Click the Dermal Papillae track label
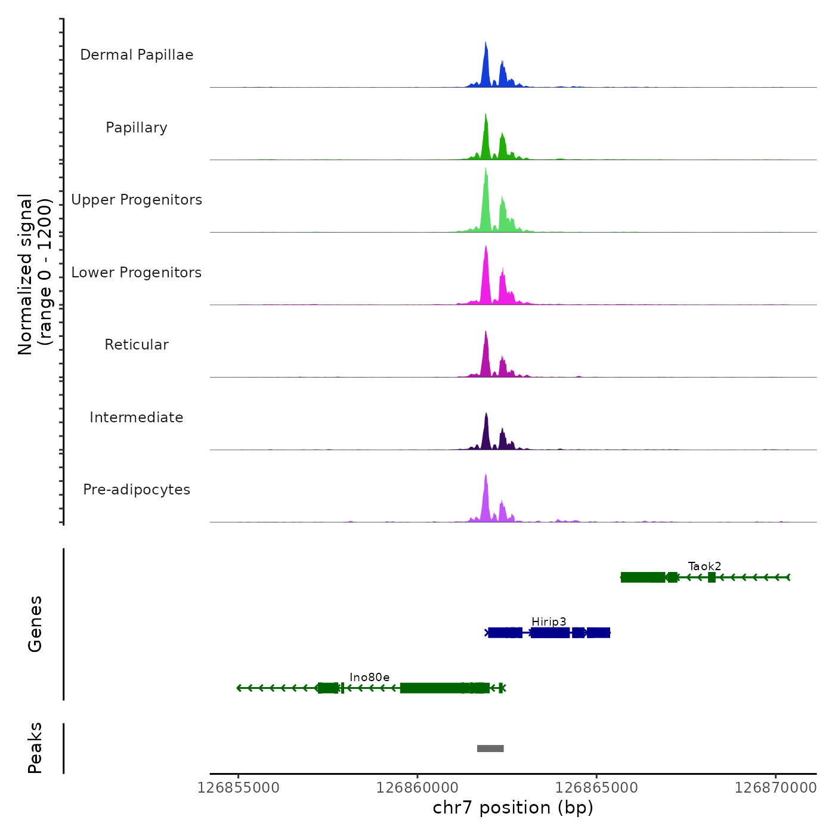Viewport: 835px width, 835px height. click(137, 55)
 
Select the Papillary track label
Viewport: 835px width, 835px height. click(137, 128)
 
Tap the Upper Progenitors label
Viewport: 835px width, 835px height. click(137, 200)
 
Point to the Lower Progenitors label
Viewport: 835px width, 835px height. click(137, 273)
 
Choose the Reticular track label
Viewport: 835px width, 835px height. click(137, 345)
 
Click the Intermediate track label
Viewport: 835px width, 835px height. click(137, 417)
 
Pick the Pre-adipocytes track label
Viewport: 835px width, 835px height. click(137, 490)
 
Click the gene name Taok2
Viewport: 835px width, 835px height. click(704, 566)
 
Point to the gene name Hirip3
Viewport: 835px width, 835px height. click(549, 621)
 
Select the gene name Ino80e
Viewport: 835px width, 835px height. click(370, 677)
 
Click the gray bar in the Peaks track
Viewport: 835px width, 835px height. click(490, 749)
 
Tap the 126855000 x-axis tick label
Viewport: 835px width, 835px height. click(239, 787)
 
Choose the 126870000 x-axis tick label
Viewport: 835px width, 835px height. click(775, 787)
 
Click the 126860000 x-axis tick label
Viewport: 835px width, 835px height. click(417, 787)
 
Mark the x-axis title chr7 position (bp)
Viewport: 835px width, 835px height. click(513, 808)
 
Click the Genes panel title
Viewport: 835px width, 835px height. click(35, 624)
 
